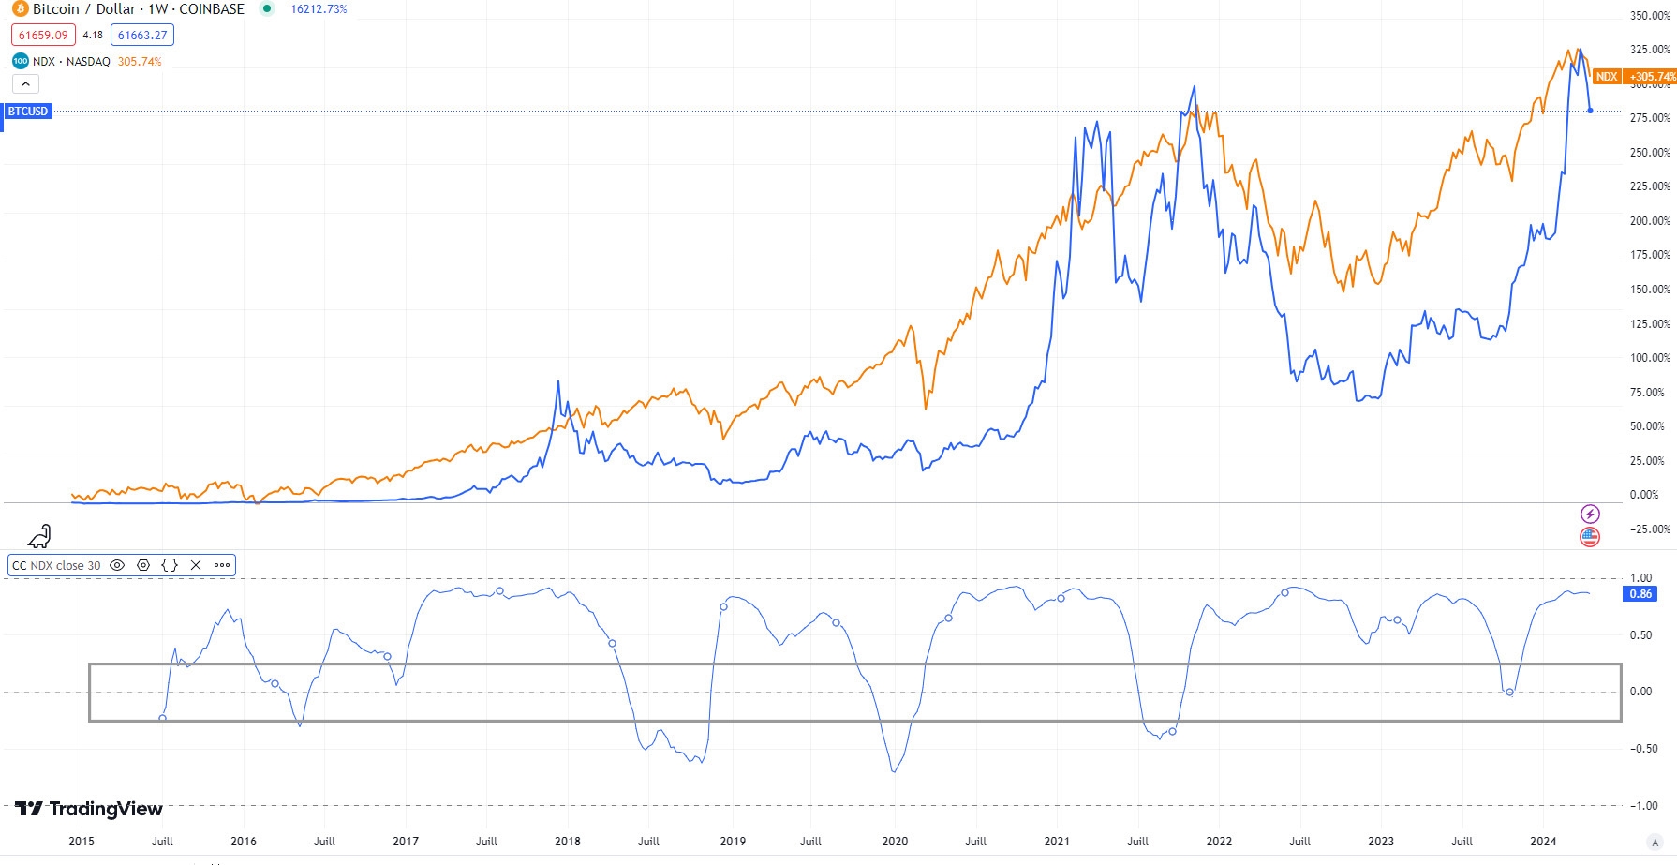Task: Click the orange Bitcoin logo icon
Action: pos(21,9)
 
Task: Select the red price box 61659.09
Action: pos(43,36)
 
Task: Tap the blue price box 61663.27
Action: pos(142,36)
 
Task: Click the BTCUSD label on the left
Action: pos(28,112)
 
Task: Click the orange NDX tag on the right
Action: pos(1607,77)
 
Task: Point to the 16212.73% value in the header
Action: pos(319,9)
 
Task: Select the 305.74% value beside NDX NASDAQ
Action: pos(140,62)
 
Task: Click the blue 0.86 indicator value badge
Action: pos(1640,594)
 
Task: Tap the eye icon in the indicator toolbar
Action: pos(117,565)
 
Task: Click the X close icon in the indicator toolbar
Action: pos(196,565)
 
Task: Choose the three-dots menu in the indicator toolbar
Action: pos(222,565)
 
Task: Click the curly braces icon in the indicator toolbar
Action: pos(170,565)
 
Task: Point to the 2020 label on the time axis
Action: pos(895,841)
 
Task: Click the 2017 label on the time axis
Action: pos(406,841)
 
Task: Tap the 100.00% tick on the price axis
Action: pos(1650,358)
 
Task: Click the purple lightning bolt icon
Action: pos(1590,514)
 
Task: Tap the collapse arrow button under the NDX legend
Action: pos(25,84)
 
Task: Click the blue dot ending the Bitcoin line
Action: pos(1590,111)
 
